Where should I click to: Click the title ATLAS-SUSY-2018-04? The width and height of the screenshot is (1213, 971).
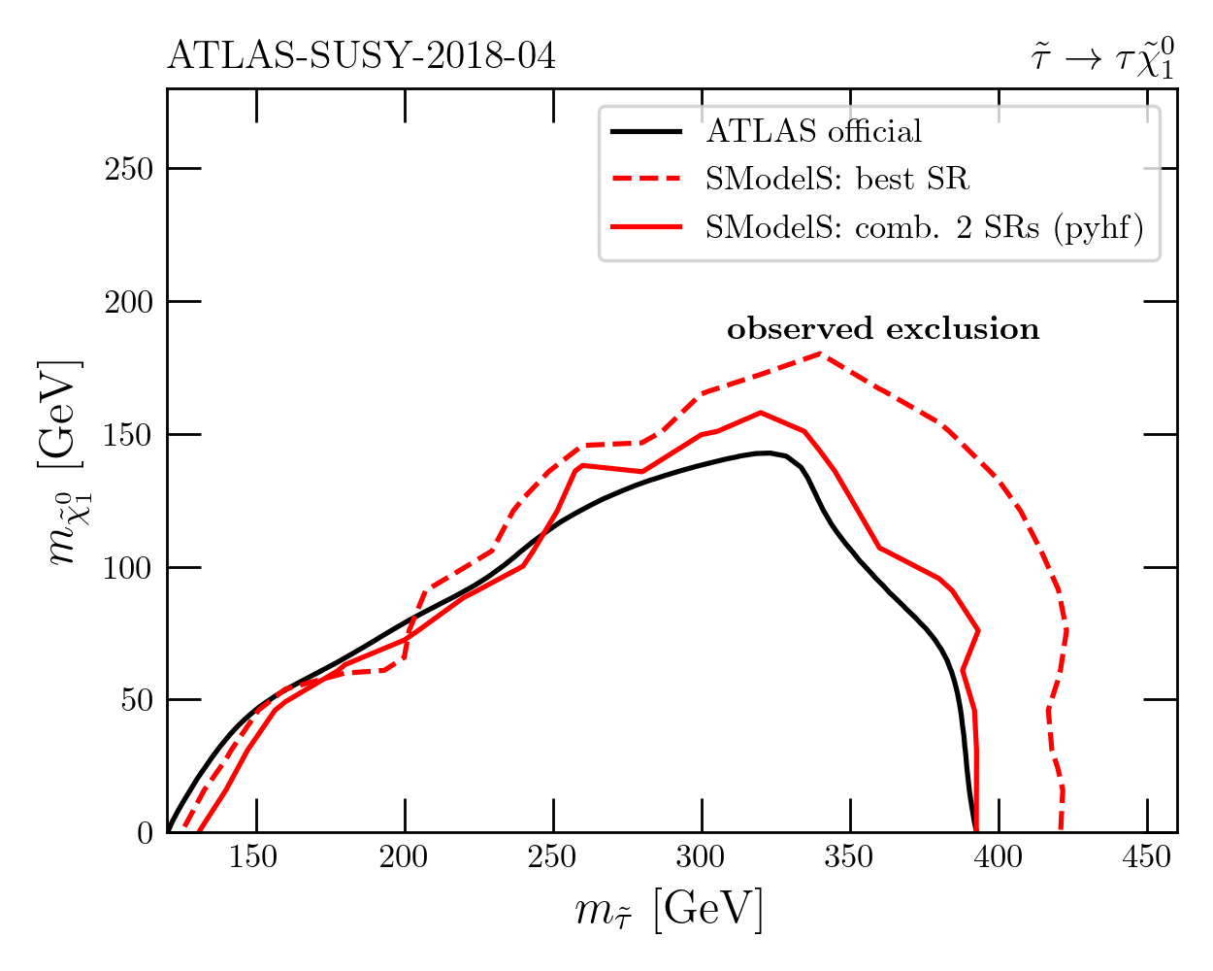pos(361,56)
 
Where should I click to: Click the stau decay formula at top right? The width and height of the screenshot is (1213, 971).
pos(1102,55)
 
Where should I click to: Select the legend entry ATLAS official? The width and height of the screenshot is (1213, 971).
pos(813,131)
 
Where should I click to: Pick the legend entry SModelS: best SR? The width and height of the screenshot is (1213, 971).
pos(836,179)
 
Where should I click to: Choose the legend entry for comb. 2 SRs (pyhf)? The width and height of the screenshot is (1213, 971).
pos(924,227)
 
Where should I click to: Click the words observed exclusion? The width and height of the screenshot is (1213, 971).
pos(883,329)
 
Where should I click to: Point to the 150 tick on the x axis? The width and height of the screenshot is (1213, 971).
pos(256,858)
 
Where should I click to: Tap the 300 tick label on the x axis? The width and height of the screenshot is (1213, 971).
pos(702,858)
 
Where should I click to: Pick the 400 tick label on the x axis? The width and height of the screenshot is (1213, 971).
pos(999,858)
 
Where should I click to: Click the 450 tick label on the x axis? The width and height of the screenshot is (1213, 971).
pos(1147,858)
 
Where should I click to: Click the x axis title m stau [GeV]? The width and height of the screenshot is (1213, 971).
pos(670,911)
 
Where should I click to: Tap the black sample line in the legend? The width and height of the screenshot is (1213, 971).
pos(646,131)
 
